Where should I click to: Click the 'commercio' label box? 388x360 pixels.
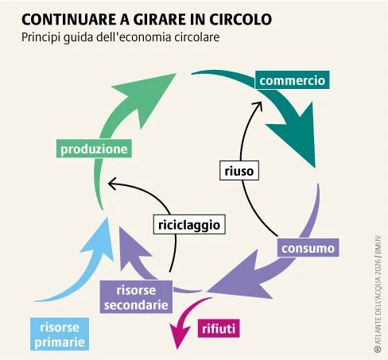[x=293, y=80]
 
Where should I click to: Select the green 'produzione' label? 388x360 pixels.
[x=94, y=148]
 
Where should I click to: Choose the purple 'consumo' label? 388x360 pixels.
[x=308, y=249]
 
